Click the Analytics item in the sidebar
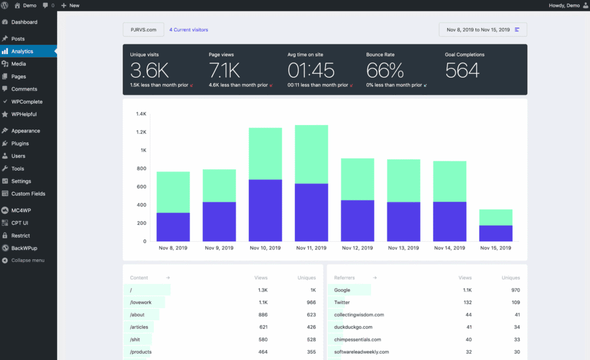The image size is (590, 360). pos(22,51)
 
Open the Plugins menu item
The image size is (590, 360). pos(20,143)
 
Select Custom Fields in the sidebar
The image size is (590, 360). pos(28,194)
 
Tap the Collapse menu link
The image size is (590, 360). pos(28,260)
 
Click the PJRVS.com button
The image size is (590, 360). pos(143,30)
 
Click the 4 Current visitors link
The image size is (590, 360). pos(188,30)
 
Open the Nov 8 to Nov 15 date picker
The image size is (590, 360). pos(483,30)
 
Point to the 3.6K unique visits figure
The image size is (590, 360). pos(149,70)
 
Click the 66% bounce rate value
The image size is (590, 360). pos(385,70)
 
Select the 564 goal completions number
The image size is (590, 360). pos(463,70)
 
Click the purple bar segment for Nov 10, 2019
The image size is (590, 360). pos(265,210)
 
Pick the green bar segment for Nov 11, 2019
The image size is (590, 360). pos(311,154)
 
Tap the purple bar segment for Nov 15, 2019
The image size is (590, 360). pos(496,233)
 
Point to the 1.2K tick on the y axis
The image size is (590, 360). pos(141,132)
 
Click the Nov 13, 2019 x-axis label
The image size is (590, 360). pos(403,248)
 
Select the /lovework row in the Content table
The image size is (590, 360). pos(223,302)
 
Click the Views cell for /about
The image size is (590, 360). pos(263,315)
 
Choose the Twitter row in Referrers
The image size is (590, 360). pos(427,302)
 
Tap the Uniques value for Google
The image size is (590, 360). pos(516,290)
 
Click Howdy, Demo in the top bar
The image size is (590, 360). pos(564,6)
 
